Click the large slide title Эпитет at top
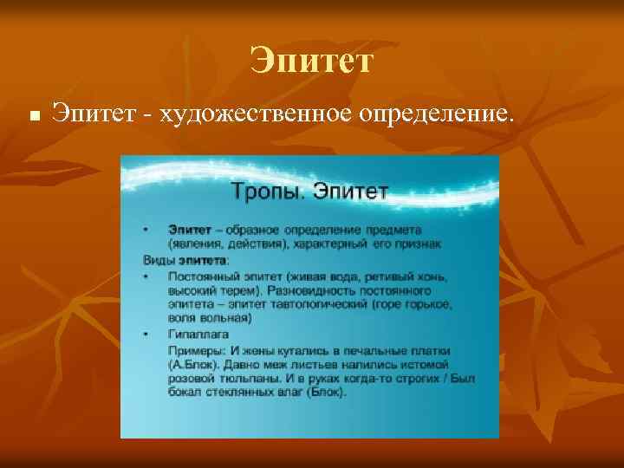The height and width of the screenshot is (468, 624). click(311, 62)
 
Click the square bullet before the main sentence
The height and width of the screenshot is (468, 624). click(32, 114)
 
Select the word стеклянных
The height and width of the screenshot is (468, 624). click(244, 393)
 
